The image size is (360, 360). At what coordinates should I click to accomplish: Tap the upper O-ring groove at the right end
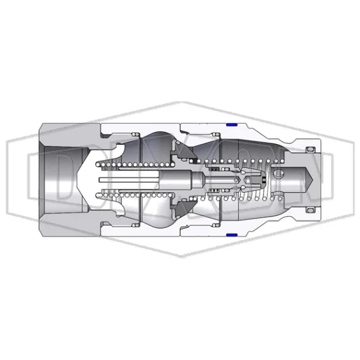click(x=309, y=150)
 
